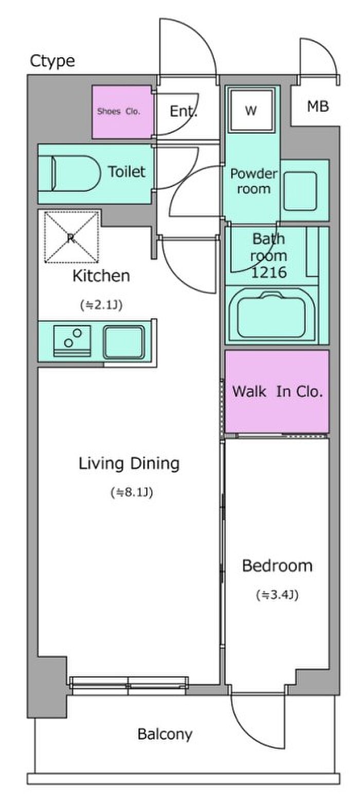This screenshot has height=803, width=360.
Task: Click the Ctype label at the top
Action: coord(52,62)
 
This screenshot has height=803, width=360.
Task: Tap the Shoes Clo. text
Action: coord(118,112)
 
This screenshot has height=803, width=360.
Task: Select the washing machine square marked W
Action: coord(251,111)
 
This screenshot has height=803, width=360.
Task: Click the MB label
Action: coord(318,106)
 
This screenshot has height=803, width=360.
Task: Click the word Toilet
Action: coord(127,172)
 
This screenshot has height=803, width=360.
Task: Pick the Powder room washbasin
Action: coord(300,191)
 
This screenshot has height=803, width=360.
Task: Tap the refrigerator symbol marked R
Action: coord(71,237)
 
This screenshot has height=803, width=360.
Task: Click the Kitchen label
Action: coord(101,276)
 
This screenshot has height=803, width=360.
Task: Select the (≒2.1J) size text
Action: coord(101,305)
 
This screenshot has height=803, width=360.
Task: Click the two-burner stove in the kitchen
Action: coord(72,341)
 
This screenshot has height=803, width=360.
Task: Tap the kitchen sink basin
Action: coord(124,342)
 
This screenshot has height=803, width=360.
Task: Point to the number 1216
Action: coord(268,273)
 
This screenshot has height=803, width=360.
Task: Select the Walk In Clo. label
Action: coord(278,391)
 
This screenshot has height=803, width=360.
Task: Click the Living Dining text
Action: coord(129,463)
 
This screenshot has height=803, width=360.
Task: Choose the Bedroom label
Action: coord(277,566)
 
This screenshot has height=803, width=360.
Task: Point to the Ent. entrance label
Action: coord(183,111)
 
